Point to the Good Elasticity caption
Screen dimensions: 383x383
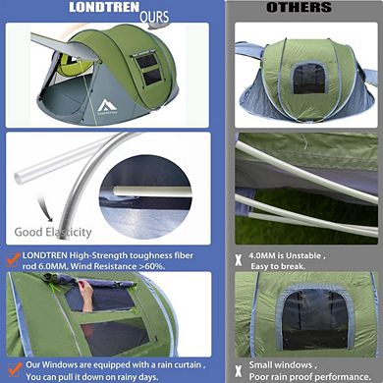52,233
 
